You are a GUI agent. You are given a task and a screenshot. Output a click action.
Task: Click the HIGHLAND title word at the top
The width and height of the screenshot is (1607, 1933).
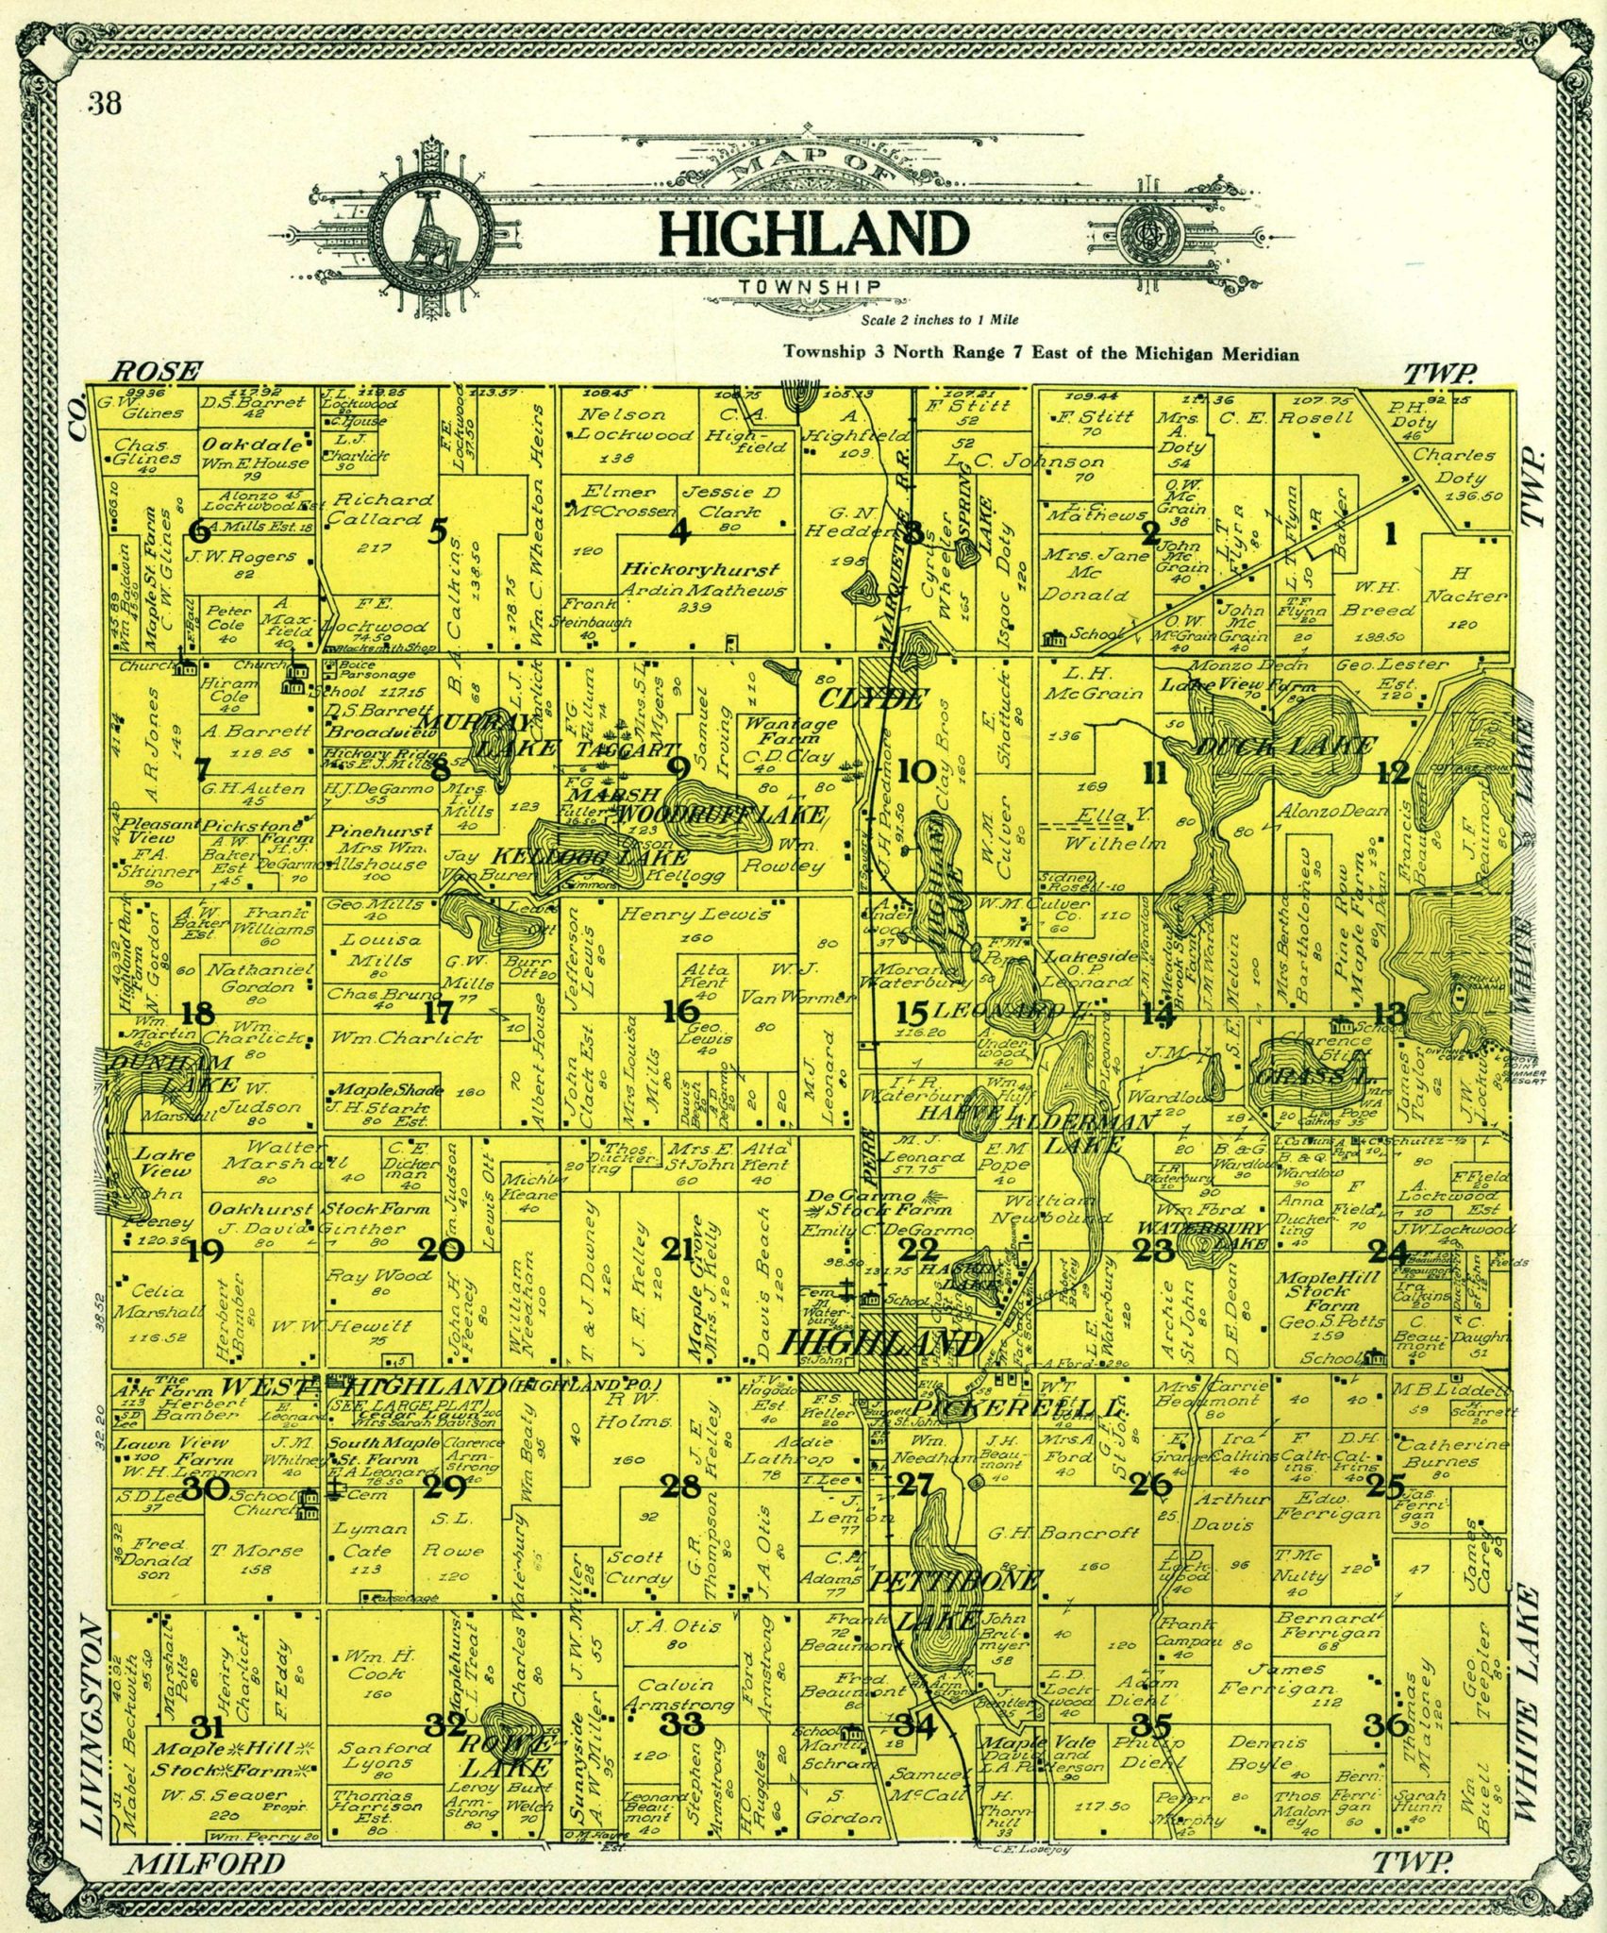(814, 235)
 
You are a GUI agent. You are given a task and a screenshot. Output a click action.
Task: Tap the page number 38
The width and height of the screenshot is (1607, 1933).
(105, 103)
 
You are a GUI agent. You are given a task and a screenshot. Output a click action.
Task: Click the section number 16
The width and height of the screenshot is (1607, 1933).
(680, 1012)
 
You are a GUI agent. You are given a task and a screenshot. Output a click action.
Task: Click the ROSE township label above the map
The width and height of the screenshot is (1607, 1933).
(157, 371)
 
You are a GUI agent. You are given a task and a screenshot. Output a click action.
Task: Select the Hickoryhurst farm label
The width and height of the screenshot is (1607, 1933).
(699, 571)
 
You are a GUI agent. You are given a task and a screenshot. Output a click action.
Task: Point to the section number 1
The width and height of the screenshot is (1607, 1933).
(1389, 535)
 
